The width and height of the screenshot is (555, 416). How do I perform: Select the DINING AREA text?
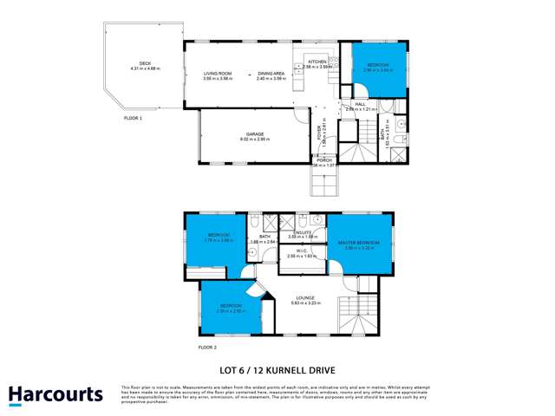coord(271,73)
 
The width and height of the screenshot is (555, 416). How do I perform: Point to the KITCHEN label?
coord(317,62)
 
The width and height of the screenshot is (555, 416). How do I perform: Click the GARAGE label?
coord(253,134)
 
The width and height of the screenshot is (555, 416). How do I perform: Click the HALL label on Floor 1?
coord(360,104)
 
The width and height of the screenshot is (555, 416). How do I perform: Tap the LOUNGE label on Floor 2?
coord(303,298)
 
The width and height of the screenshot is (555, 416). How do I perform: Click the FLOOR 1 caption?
coord(133,116)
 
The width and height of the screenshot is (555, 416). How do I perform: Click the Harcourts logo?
coord(55,395)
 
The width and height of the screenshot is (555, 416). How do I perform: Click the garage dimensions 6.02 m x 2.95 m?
coord(253,140)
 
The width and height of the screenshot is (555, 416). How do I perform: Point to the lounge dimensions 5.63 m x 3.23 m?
coord(303,303)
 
